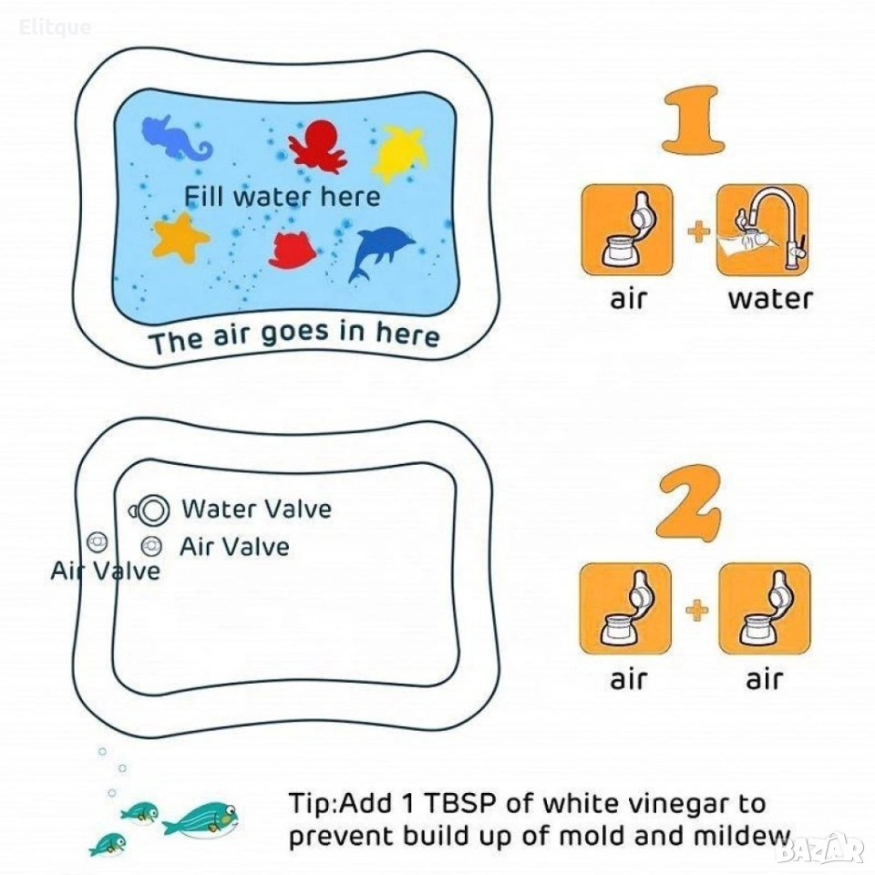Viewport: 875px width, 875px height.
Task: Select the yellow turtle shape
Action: point(399,152)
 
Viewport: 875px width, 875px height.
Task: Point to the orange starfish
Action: point(180,238)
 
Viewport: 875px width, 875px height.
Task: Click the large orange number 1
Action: point(694,119)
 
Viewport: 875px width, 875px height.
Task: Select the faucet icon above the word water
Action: point(762,230)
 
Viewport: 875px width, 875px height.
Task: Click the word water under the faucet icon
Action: point(770,299)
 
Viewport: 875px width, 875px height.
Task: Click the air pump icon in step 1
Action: point(627,230)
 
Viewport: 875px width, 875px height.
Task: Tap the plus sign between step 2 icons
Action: point(697,610)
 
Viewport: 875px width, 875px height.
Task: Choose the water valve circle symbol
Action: point(152,510)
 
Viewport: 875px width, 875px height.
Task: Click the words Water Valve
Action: point(257,509)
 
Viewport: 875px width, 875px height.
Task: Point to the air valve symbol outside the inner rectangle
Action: point(98,541)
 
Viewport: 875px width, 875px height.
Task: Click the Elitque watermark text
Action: point(55,27)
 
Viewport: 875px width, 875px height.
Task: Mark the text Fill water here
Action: point(283,197)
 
